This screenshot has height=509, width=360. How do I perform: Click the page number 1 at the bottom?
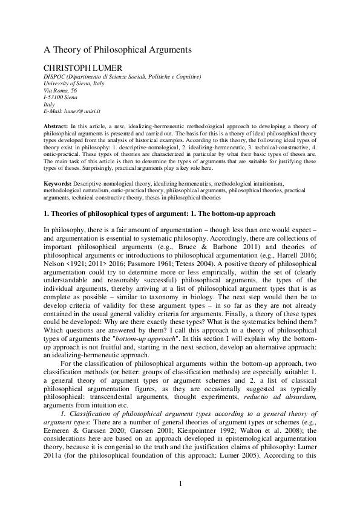click(x=180, y=482)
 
